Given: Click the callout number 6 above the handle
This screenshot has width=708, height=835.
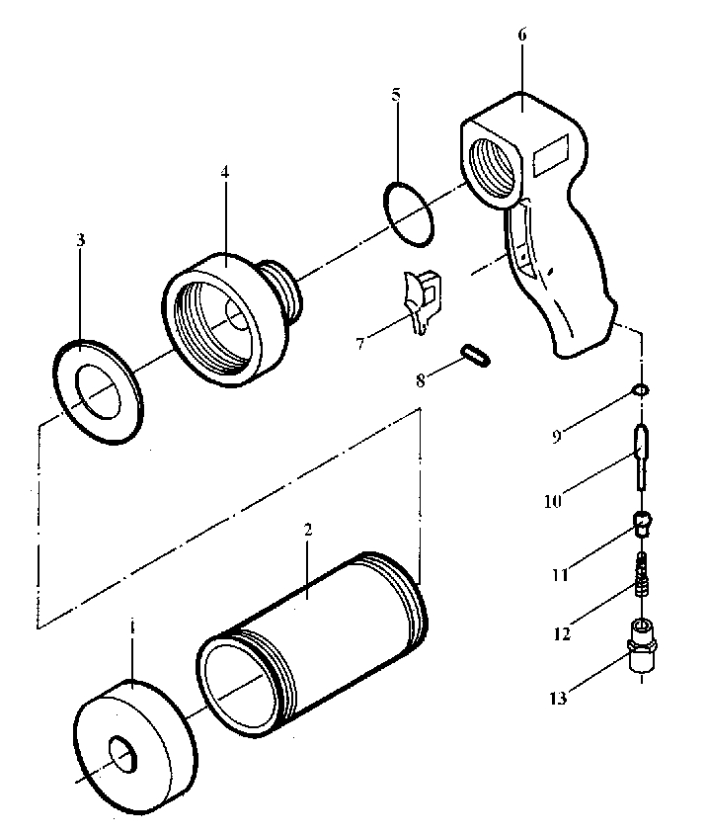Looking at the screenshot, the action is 521,35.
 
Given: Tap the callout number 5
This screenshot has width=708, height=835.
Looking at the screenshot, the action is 396,95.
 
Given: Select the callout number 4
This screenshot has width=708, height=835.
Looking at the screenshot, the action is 225,172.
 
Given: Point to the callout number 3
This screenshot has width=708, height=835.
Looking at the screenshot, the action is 80,240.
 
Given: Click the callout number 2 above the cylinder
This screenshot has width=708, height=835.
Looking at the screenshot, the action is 308,530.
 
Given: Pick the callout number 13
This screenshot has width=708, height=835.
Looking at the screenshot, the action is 559,699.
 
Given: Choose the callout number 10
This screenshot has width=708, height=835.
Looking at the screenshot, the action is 553,501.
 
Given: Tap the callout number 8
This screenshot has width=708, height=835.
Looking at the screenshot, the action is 421,380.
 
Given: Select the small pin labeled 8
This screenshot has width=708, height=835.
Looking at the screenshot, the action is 475,355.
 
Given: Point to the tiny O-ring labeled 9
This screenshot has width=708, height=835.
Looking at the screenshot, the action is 641,391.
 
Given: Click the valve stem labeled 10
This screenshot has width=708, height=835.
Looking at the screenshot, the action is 642,457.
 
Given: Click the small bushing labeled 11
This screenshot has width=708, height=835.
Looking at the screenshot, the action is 642,524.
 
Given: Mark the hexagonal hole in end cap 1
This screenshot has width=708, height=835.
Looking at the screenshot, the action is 123,753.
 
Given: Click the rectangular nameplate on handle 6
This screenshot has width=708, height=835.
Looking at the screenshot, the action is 551,154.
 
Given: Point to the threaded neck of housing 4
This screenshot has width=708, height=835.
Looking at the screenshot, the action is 284,291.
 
